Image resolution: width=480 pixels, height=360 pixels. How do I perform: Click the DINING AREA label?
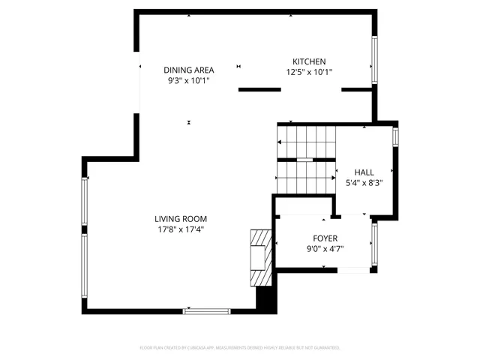tap(189, 70)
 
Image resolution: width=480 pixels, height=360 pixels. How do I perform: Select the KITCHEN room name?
tap(309, 61)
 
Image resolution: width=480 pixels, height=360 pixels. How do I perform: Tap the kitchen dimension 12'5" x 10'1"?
tap(309, 73)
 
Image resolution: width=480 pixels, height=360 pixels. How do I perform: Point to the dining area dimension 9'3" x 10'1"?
tap(189, 80)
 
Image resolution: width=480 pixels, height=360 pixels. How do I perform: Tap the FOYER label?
tap(325, 238)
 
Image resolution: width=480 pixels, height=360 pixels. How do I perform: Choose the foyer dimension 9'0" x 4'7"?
tap(325, 249)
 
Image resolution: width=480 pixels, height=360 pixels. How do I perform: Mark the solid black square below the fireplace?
tap(265, 298)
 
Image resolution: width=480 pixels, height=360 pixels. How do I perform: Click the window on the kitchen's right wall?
tap(373, 61)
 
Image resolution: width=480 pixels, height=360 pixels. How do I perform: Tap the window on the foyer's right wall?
tap(373, 244)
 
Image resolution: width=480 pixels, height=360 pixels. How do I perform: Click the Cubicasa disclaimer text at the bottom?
tap(240, 348)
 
